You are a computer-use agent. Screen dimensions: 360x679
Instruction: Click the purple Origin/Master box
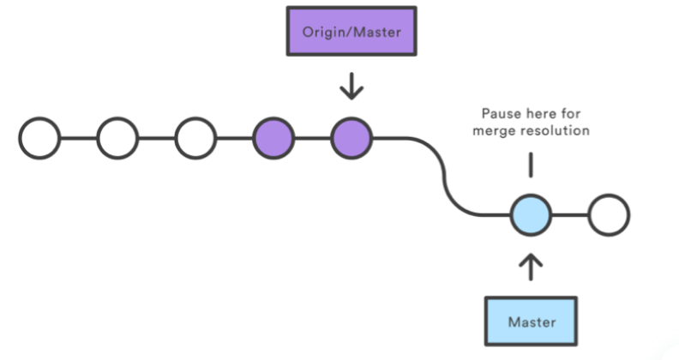point(352,33)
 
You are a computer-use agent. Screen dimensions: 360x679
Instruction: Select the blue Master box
point(532,322)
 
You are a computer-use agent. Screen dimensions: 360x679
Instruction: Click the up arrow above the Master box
point(532,266)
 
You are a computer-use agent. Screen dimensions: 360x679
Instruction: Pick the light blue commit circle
point(532,214)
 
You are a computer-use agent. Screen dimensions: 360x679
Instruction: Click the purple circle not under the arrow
point(273,136)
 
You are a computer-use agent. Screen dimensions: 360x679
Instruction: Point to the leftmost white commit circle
point(40,136)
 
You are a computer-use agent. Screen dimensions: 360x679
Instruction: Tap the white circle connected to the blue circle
point(608,214)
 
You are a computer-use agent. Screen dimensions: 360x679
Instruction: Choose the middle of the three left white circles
point(118,136)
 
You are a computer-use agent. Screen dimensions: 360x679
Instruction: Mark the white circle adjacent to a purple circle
point(196,136)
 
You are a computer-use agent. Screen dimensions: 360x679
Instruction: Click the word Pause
point(500,113)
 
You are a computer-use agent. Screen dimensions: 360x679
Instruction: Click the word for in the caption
point(574,113)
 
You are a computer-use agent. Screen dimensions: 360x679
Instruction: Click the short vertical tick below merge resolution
point(532,165)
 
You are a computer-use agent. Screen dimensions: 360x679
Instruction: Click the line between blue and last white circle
point(569,214)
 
